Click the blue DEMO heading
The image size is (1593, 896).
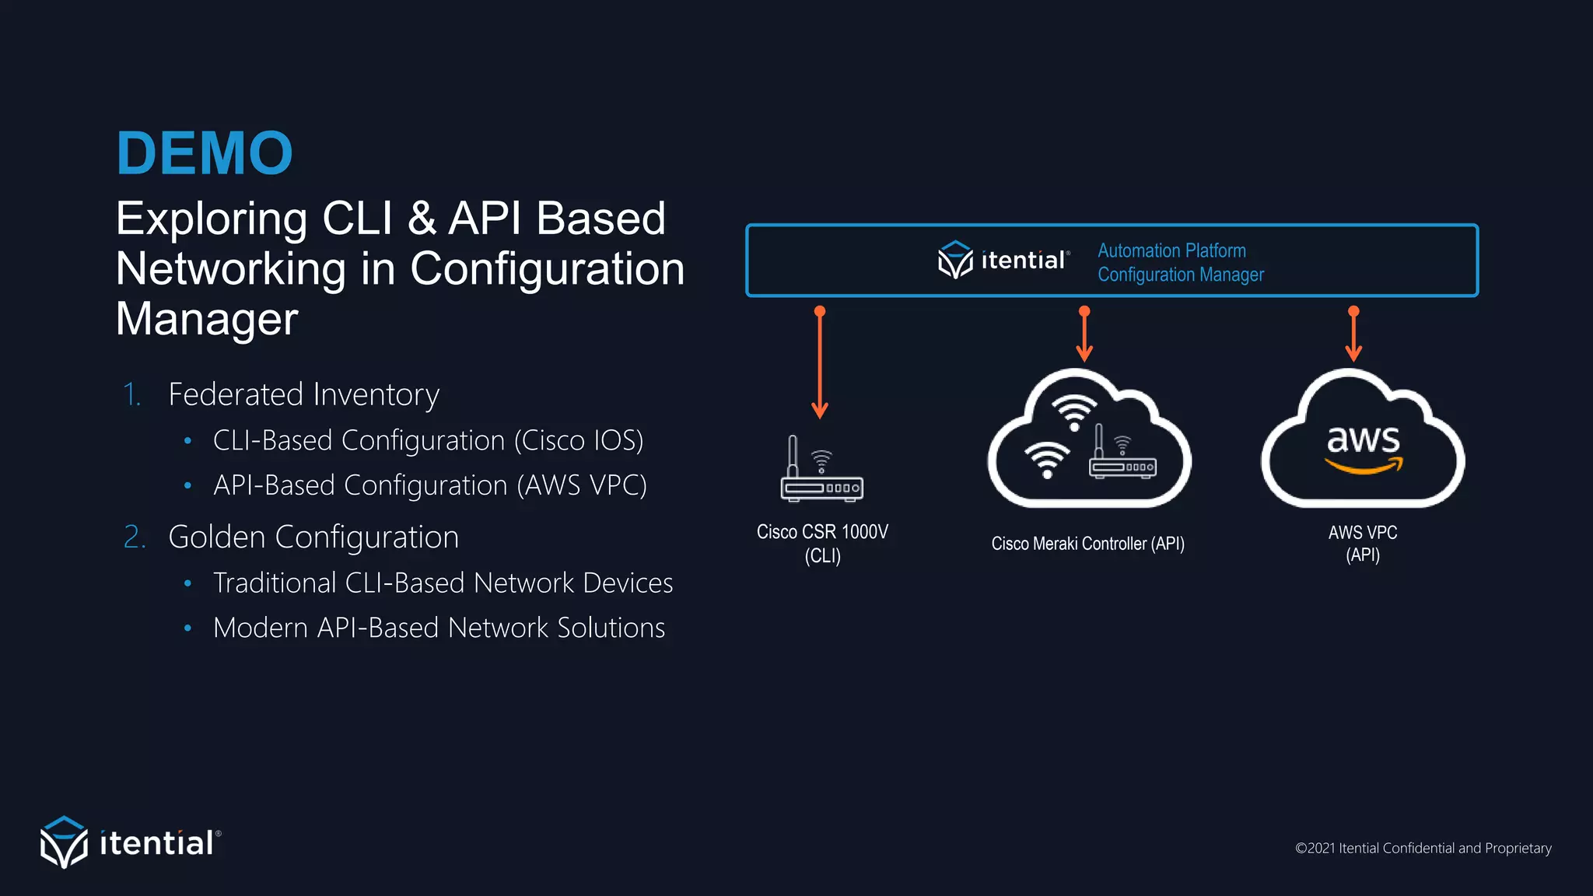pos(205,153)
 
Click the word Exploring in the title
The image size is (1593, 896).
pos(211,219)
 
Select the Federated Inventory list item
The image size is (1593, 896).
pos(303,394)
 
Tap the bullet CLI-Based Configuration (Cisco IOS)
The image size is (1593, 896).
pos(428,440)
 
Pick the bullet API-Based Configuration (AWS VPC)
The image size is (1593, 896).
pos(429,485)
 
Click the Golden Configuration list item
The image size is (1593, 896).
pos(313,537)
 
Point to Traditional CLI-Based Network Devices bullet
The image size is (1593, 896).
pos(443,583)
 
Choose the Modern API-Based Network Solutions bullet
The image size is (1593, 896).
pos(439,628)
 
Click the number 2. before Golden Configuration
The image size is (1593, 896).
pos(135,537)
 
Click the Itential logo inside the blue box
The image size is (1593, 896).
pos(1003,260)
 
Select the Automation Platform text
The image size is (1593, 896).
pos(1171,250)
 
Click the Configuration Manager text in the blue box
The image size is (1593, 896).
pos(1180,275)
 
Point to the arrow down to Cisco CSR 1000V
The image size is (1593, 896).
pos(820,362)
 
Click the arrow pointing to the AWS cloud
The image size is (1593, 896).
pos(1353,334)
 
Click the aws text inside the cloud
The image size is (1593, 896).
pos(1363,440)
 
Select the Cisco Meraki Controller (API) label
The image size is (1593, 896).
pos(1087,544)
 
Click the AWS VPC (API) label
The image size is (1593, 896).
pos(1363,544)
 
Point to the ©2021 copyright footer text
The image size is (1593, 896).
pos(1423,848)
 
